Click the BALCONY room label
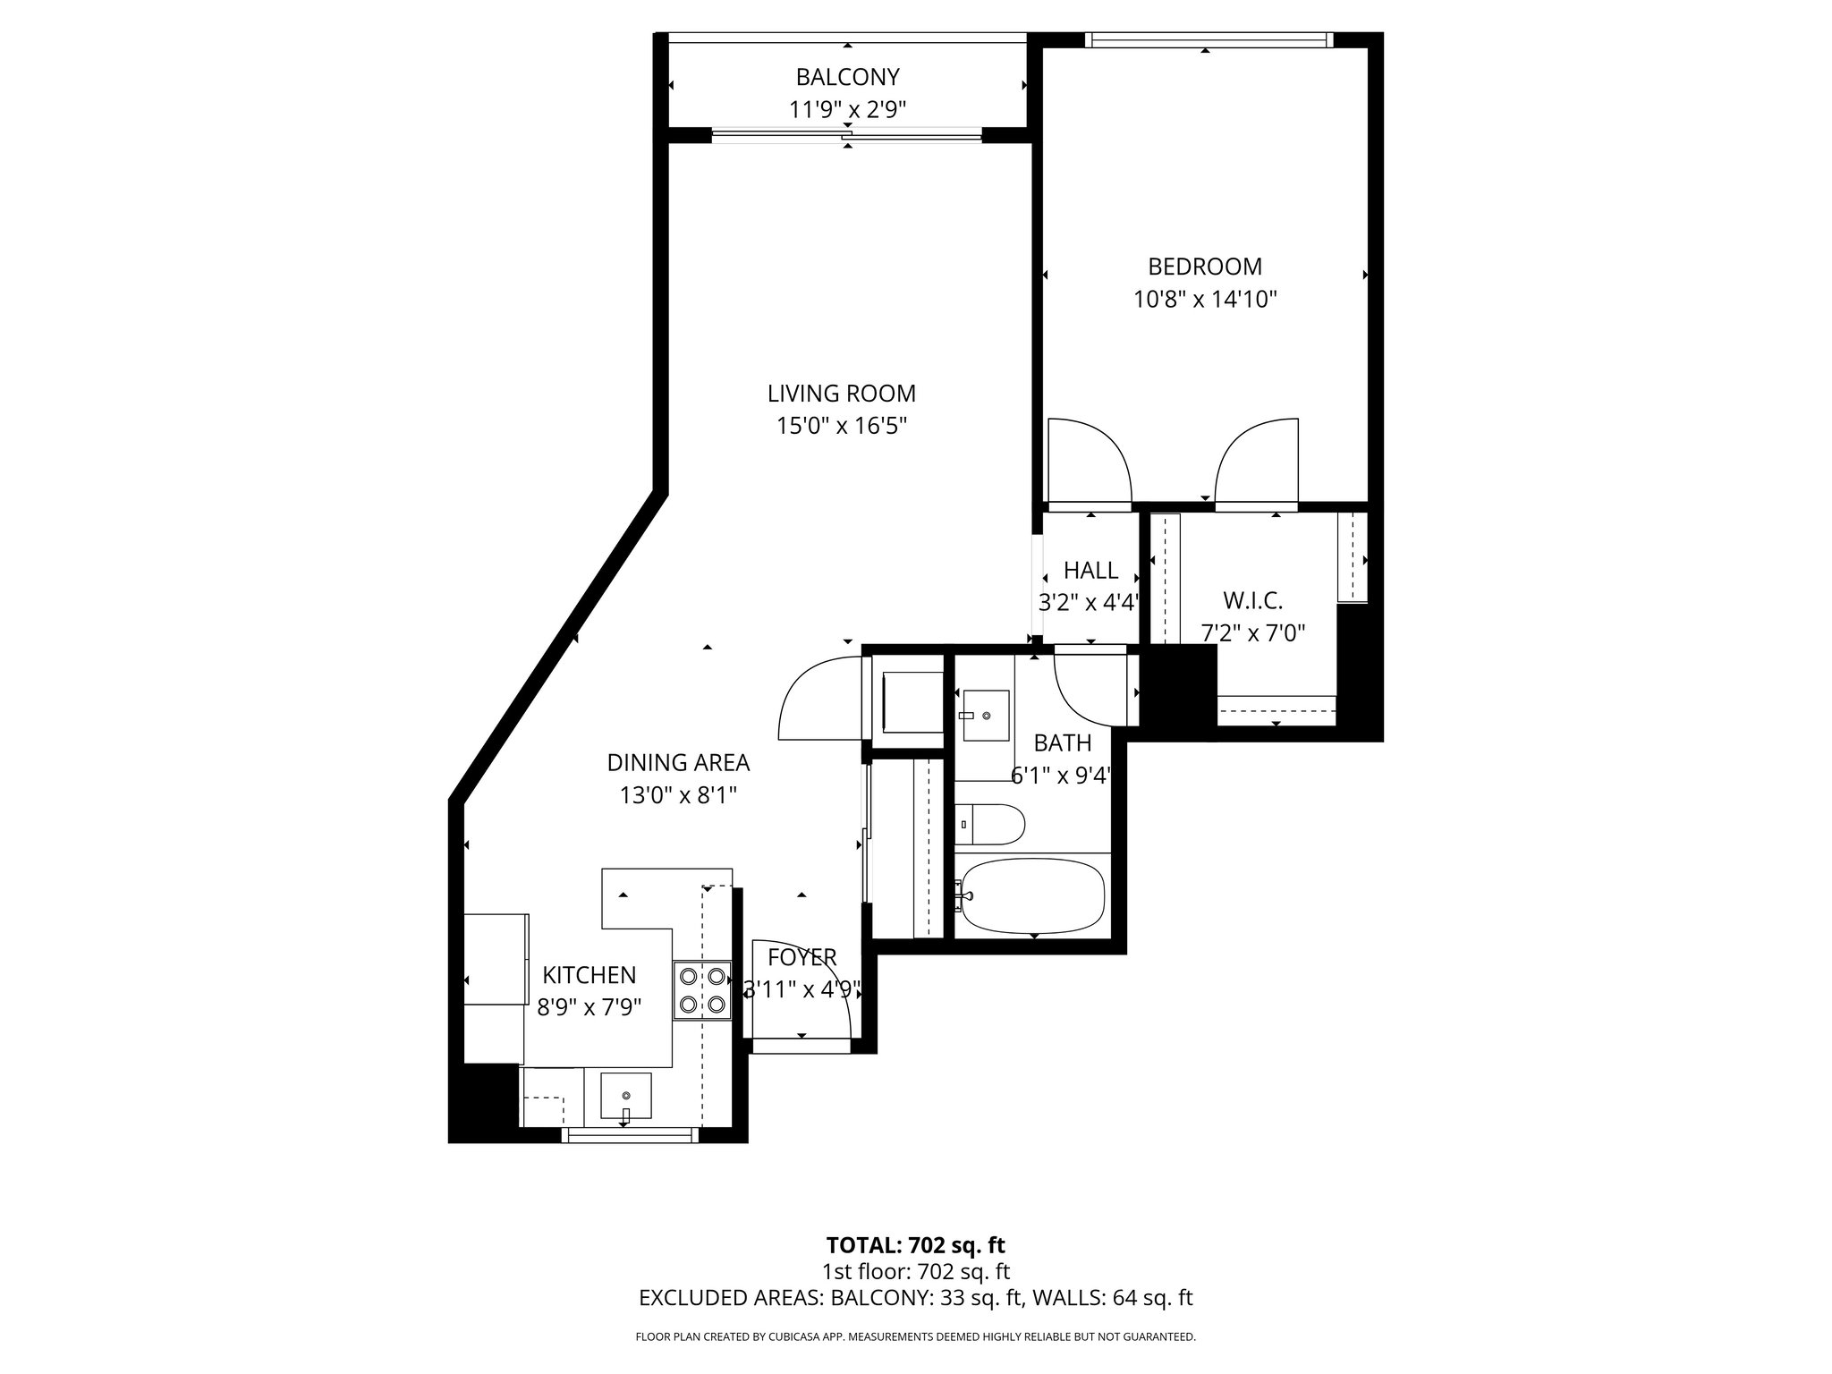847,77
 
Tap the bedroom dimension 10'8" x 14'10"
1204,300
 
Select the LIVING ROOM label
841,394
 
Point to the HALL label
1090,570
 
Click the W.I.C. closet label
1252,600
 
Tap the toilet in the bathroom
989,824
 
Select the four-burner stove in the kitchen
701,989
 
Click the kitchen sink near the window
625,1097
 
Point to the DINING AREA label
678,763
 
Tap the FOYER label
801,957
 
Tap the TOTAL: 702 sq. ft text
915,1245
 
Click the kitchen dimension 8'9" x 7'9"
589,1008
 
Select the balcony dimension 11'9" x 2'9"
847,110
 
